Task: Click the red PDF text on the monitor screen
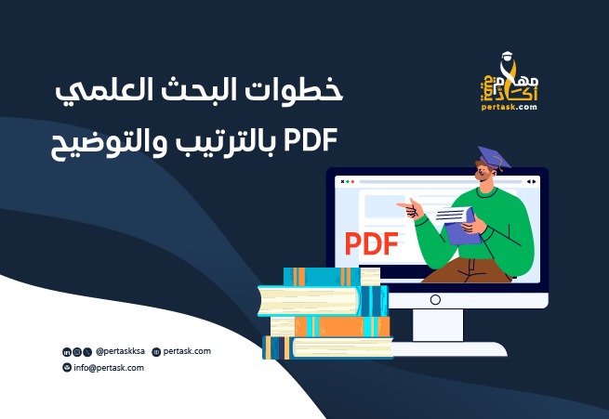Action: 372,243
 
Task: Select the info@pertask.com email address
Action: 109,368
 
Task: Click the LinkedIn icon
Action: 66,352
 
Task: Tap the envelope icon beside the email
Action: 66,368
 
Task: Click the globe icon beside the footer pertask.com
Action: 156,351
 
